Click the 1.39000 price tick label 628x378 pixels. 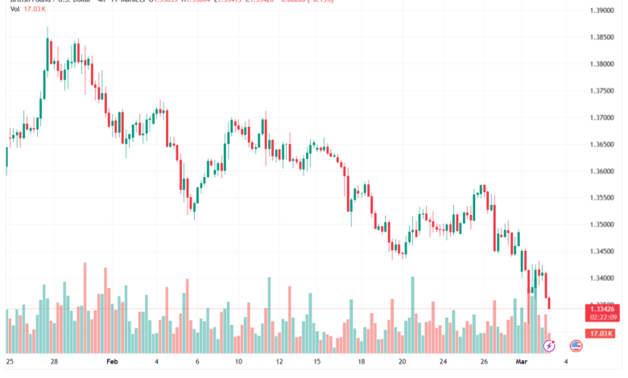(x=601, y=10)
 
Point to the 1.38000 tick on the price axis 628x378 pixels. (x=601, y=64)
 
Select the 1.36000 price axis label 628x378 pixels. (x=601, y=171)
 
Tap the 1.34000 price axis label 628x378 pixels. (x=601, y=278)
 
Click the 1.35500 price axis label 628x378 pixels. (x=601, y=198)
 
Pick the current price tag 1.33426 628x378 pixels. (x=601, y=309)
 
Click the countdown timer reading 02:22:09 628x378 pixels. (x=601, y=318)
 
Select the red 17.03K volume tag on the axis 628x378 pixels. (x=601, y=333)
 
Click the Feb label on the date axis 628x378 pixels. (x=114, y=362)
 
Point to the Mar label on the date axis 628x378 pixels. (x=522, y=362)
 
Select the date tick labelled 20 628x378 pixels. (x=402, y=362)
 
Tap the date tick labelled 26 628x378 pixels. (x=484, y=362)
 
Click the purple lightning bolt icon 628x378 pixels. (x=549, y=345)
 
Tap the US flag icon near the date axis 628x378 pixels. (x=576, y=345)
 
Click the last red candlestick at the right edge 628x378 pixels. (x=549, y=302)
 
